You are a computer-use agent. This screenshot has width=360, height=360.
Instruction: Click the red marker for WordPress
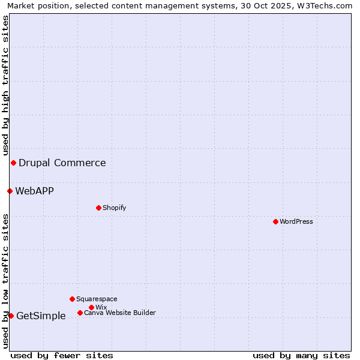point(275,221)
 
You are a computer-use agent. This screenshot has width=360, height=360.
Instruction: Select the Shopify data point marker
point(98,208)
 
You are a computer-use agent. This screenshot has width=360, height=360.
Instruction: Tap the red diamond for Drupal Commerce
point(13,163)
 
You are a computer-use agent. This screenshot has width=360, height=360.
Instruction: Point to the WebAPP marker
point(10,191)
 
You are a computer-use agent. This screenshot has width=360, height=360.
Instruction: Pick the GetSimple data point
point(11,316)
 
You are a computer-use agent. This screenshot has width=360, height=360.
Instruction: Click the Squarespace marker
point(72,299)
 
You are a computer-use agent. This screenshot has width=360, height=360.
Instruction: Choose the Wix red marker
point(91,307)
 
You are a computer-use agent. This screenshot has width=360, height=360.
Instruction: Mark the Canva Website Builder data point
point(80,313)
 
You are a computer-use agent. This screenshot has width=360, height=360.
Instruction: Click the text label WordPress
point(296,221)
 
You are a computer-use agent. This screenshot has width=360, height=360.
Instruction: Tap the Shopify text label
point(114,208)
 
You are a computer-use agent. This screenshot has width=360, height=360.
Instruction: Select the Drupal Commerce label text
point(62,163)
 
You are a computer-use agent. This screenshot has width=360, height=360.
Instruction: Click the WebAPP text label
point(34,191)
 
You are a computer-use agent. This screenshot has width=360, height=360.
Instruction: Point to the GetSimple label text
point(41,316)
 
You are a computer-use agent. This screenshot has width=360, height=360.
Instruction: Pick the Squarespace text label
point(97,299)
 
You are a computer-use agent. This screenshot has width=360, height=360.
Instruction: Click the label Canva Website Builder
point(120,313)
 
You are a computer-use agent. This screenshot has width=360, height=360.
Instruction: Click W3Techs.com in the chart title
point(328,5)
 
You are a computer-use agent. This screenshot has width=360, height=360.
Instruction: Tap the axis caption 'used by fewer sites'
point(62,355)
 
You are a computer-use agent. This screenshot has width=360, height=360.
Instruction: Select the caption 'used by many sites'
point(301,355)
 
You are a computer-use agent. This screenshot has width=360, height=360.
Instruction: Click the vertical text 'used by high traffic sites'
point(5,85)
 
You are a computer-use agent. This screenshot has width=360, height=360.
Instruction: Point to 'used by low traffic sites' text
point(5,281)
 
